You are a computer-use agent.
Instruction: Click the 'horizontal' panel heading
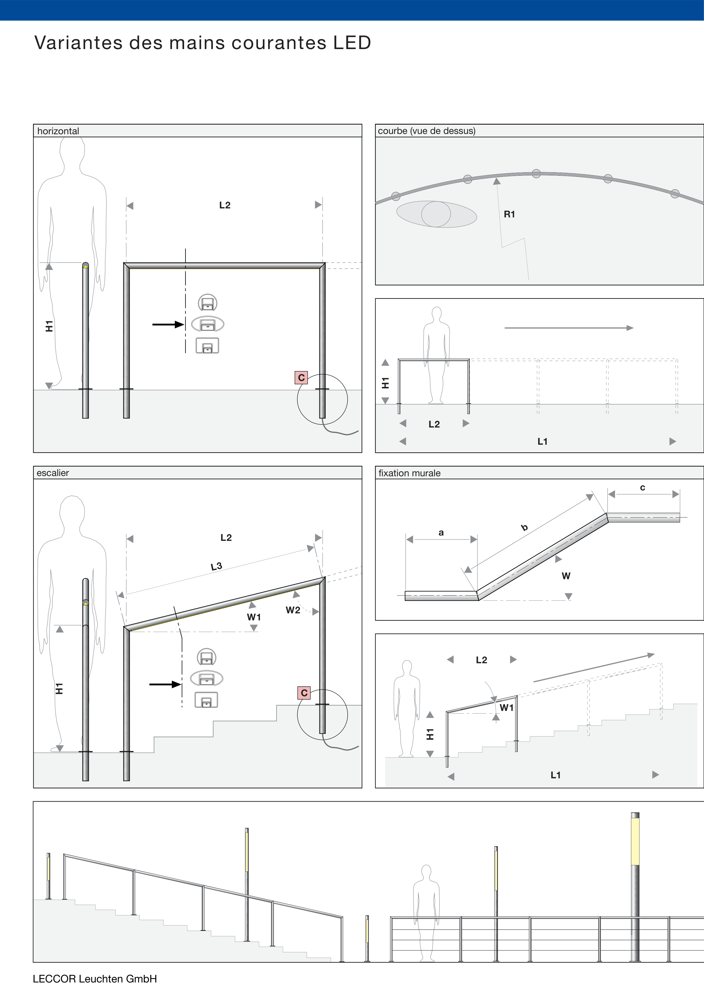(x=58, y=131)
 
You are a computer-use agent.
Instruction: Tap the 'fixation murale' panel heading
(x=409, y=473)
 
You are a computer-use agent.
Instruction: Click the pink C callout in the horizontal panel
(x=301, y=377)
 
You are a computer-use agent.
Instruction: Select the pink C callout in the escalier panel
(x=304, y=693)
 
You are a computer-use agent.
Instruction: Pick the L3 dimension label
(x=217, y=566)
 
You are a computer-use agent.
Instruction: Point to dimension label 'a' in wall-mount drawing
(x=441, y=533)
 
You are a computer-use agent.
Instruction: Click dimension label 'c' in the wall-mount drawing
(x=643, y=488)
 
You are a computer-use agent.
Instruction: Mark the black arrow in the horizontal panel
(x=168, y=324)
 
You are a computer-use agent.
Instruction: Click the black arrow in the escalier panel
(x=165, y=684)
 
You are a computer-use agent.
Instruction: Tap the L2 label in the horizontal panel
(x=225, y=205)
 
